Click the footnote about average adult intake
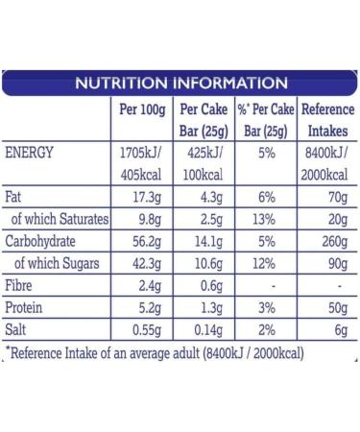pyautogui.click(x=154, y=353)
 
